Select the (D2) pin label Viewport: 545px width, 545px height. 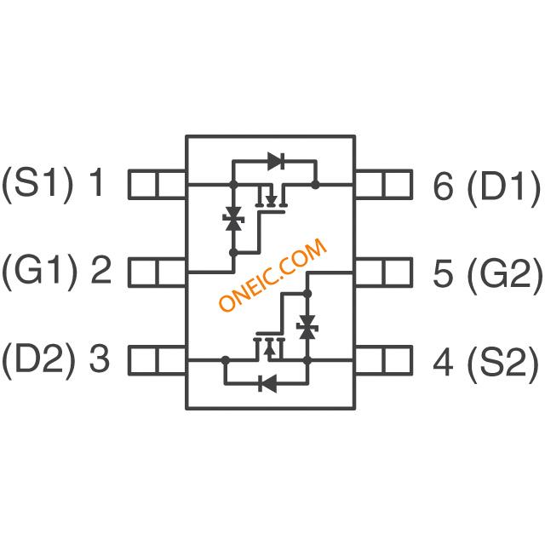pos(38,360)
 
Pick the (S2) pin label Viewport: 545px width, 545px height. pos(503,364)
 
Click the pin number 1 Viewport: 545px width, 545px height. pos(96,181)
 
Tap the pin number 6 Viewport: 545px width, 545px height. pos(444,186)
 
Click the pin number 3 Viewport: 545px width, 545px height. pos(100,358)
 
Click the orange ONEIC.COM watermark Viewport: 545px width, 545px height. pos(272,275)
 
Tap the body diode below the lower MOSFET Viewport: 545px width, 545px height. pos(267,383)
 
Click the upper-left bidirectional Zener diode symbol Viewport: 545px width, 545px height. pos(233,219)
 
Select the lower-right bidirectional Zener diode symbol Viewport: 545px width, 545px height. pos(307,327)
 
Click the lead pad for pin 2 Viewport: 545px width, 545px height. pos(158,272)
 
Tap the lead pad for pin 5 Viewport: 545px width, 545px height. pos(384,272)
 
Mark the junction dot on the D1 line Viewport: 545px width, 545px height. pos(315,185)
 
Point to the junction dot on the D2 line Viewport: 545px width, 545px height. pos(225,360)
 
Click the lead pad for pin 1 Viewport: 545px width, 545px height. pos(158,185)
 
